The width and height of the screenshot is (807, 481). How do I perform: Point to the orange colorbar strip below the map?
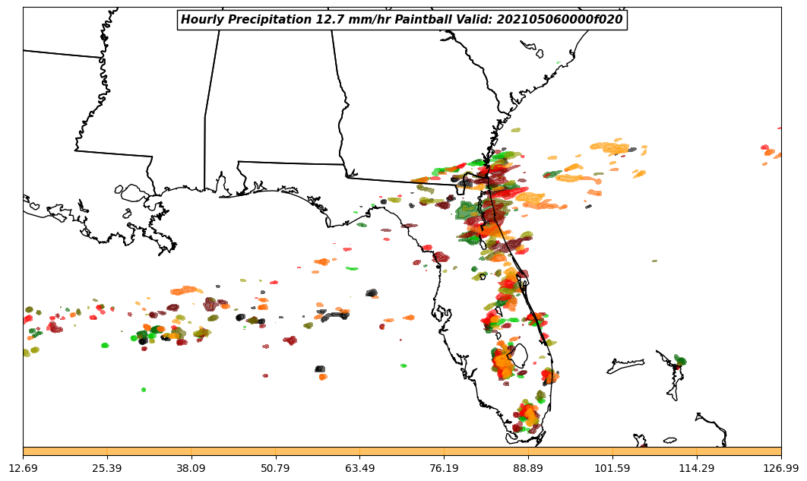402,451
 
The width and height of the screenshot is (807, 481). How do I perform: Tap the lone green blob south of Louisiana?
143,390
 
